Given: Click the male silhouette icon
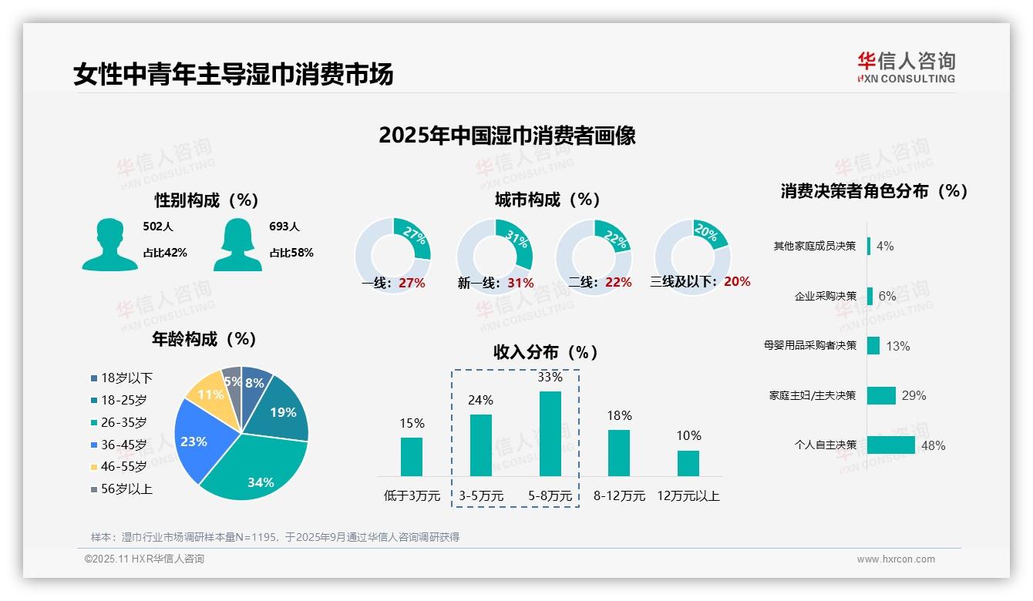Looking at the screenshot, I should [x=109, y=244].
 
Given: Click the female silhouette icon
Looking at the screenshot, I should [x=237, y=244].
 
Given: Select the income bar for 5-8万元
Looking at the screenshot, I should [x=550, y=434].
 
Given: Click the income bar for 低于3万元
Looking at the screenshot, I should [x=412, y=457].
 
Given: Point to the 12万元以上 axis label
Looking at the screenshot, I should [x=688, y=496].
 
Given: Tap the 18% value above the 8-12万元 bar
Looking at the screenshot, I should [x=619, y=415].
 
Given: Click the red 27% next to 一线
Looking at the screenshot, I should [x=412, y=283].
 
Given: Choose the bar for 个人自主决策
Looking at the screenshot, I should [x=890, y=445].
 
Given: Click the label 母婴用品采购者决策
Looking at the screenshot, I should [x=809, y=345].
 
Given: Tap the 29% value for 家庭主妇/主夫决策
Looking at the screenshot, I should [x=914, y=395].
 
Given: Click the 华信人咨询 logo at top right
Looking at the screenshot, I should [x=906, y=67].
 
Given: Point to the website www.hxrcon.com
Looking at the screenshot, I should [x=896, y=559].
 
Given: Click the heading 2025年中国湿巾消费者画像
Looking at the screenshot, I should [x=506, y=136].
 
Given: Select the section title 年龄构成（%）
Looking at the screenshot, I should [x=204, y=339].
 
